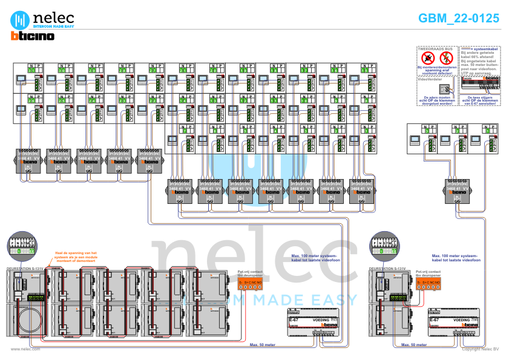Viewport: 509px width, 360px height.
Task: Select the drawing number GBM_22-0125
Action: coord(459,19)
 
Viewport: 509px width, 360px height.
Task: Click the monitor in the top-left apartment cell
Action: coord(21,78)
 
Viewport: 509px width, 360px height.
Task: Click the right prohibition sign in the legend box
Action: coord(447,58)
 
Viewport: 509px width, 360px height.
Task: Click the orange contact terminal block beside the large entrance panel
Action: coord(250,283)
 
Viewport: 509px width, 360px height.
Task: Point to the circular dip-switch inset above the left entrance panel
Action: coord(22,246)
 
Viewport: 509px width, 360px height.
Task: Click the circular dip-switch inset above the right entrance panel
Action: coord(384,246)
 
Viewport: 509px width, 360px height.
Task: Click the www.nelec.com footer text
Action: coord(25,349)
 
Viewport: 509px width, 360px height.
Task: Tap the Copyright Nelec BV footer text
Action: coord(481,349)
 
